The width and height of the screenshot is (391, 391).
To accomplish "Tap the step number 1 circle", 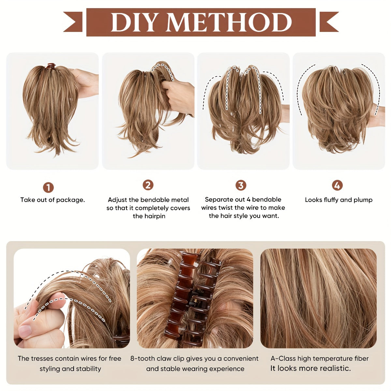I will [x=48, y=188].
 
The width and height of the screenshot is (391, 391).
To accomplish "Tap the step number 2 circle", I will [x=148, y=185].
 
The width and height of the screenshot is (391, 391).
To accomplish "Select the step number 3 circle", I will [x=241, y=186].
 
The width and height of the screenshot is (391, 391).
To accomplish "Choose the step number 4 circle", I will [x=337, y=186].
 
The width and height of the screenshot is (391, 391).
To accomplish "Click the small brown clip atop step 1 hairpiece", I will [x=51, y=66].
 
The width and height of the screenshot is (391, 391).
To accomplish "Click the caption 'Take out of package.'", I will [x=52, y=200].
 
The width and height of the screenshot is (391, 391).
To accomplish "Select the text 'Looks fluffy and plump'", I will [x=339, y=200].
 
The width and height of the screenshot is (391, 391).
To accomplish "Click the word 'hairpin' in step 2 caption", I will [x=149, y=216].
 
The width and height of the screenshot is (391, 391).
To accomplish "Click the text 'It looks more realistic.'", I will [x=311, y=369].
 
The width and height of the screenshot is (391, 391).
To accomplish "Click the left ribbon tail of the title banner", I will [x=74, y=22].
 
